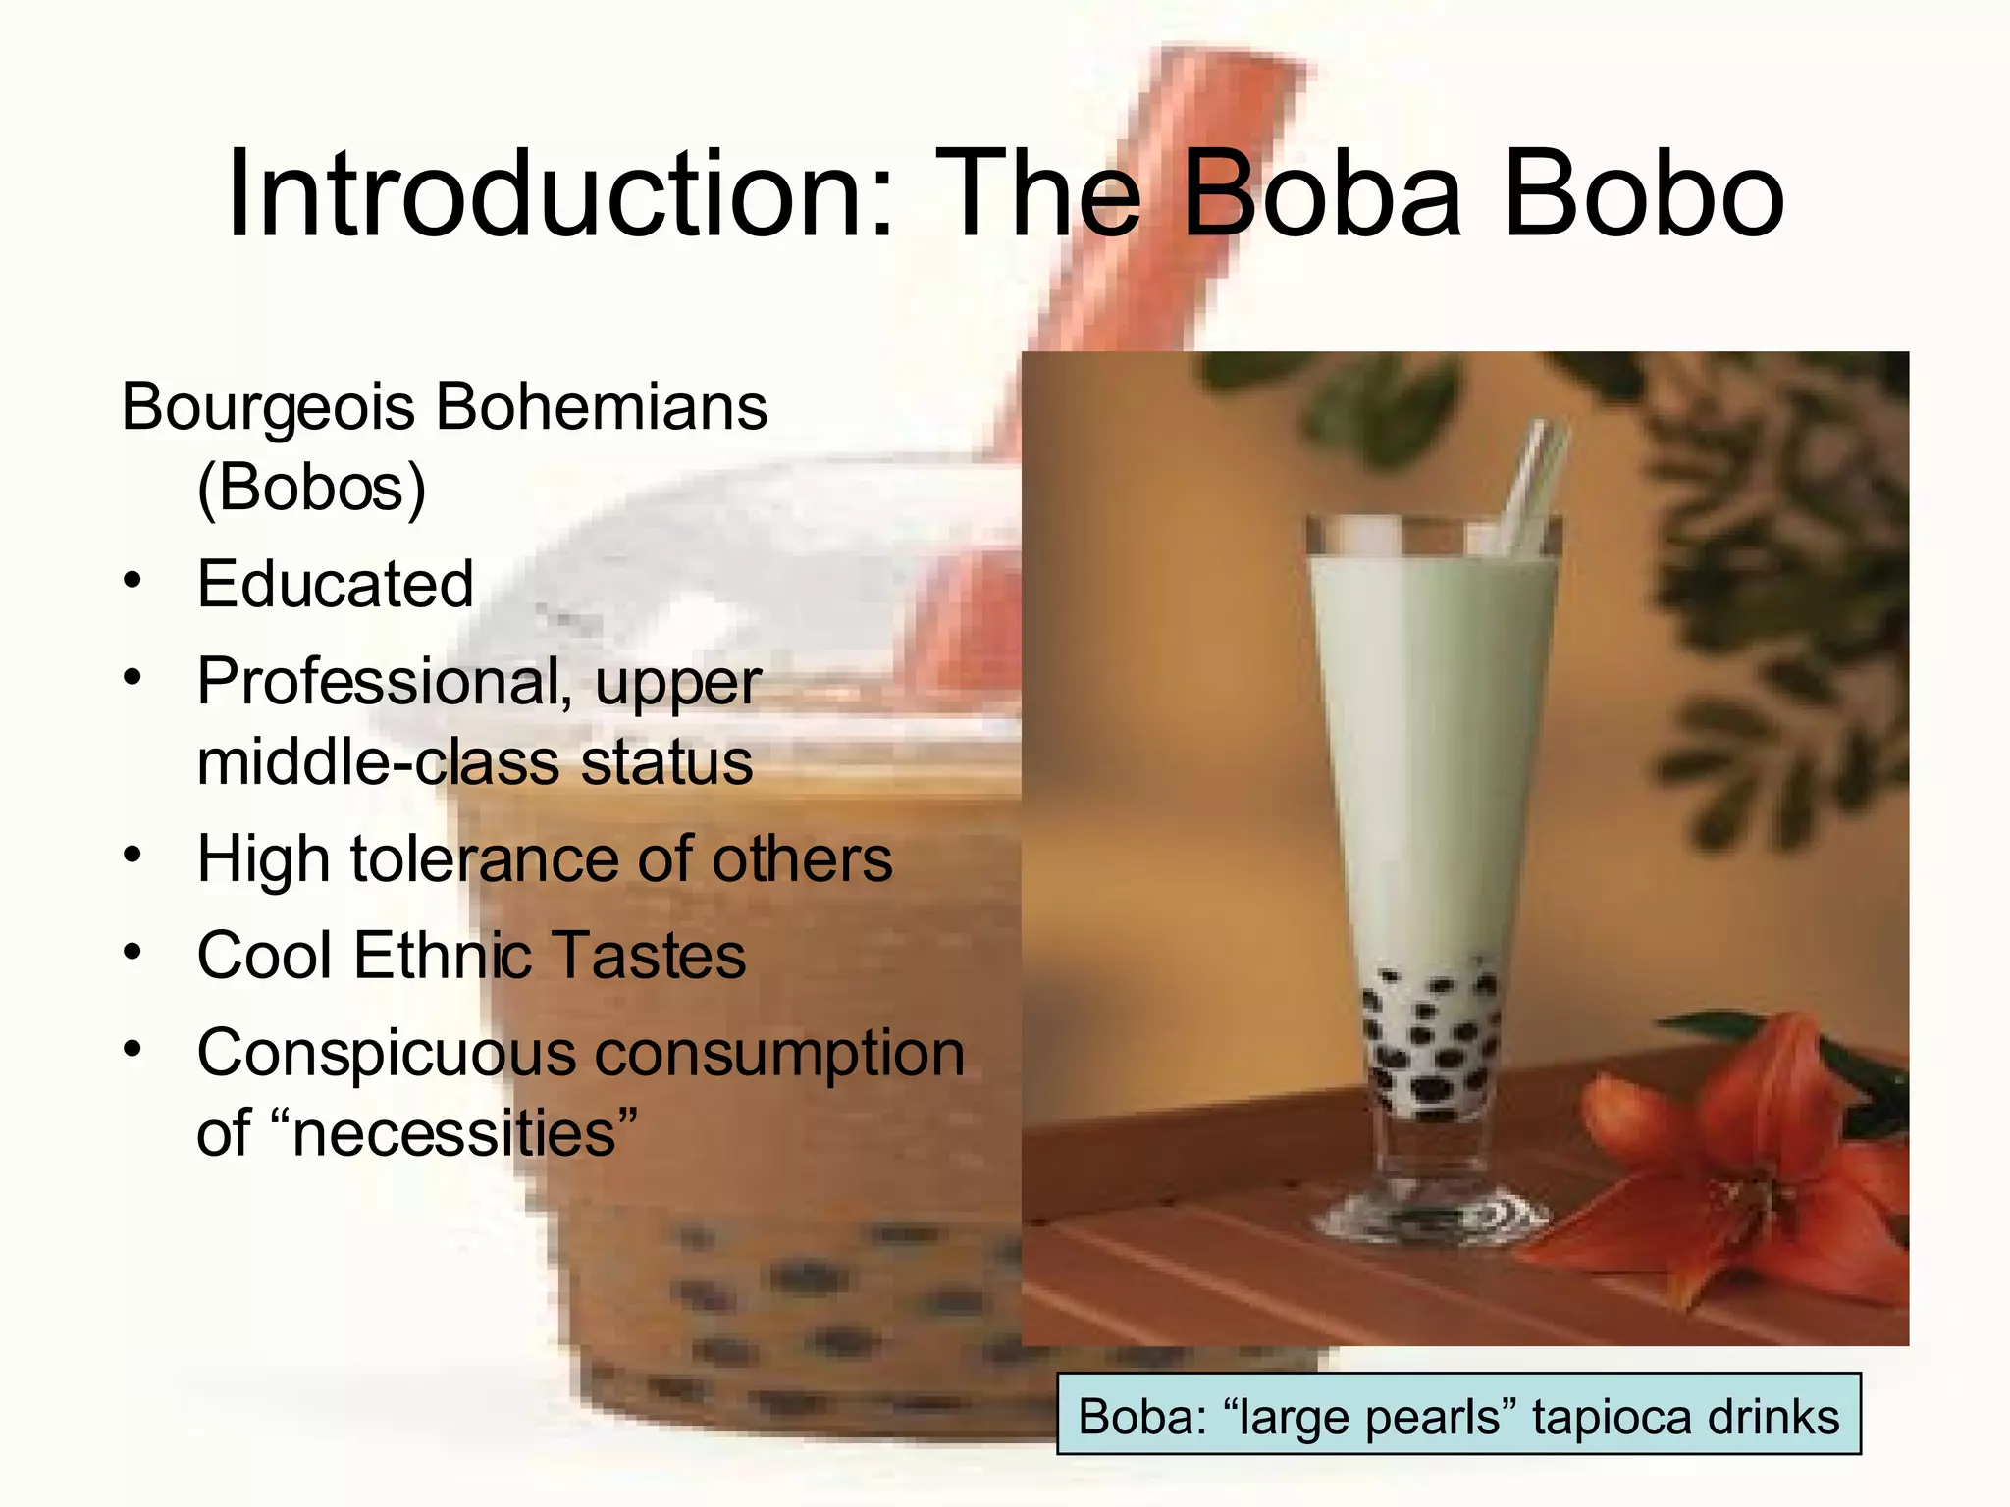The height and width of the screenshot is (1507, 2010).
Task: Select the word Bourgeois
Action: [267, 407]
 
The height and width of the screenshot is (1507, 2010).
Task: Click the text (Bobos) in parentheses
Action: [312, 488]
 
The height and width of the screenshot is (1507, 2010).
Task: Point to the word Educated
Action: [335, 584]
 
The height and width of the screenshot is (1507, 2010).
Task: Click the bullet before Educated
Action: [132, 579]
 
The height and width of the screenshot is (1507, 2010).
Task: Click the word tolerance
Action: [485, 859]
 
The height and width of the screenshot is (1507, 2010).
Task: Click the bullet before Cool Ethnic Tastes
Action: [132, 951]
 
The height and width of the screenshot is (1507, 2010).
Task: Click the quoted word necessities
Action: [453, 1133]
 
